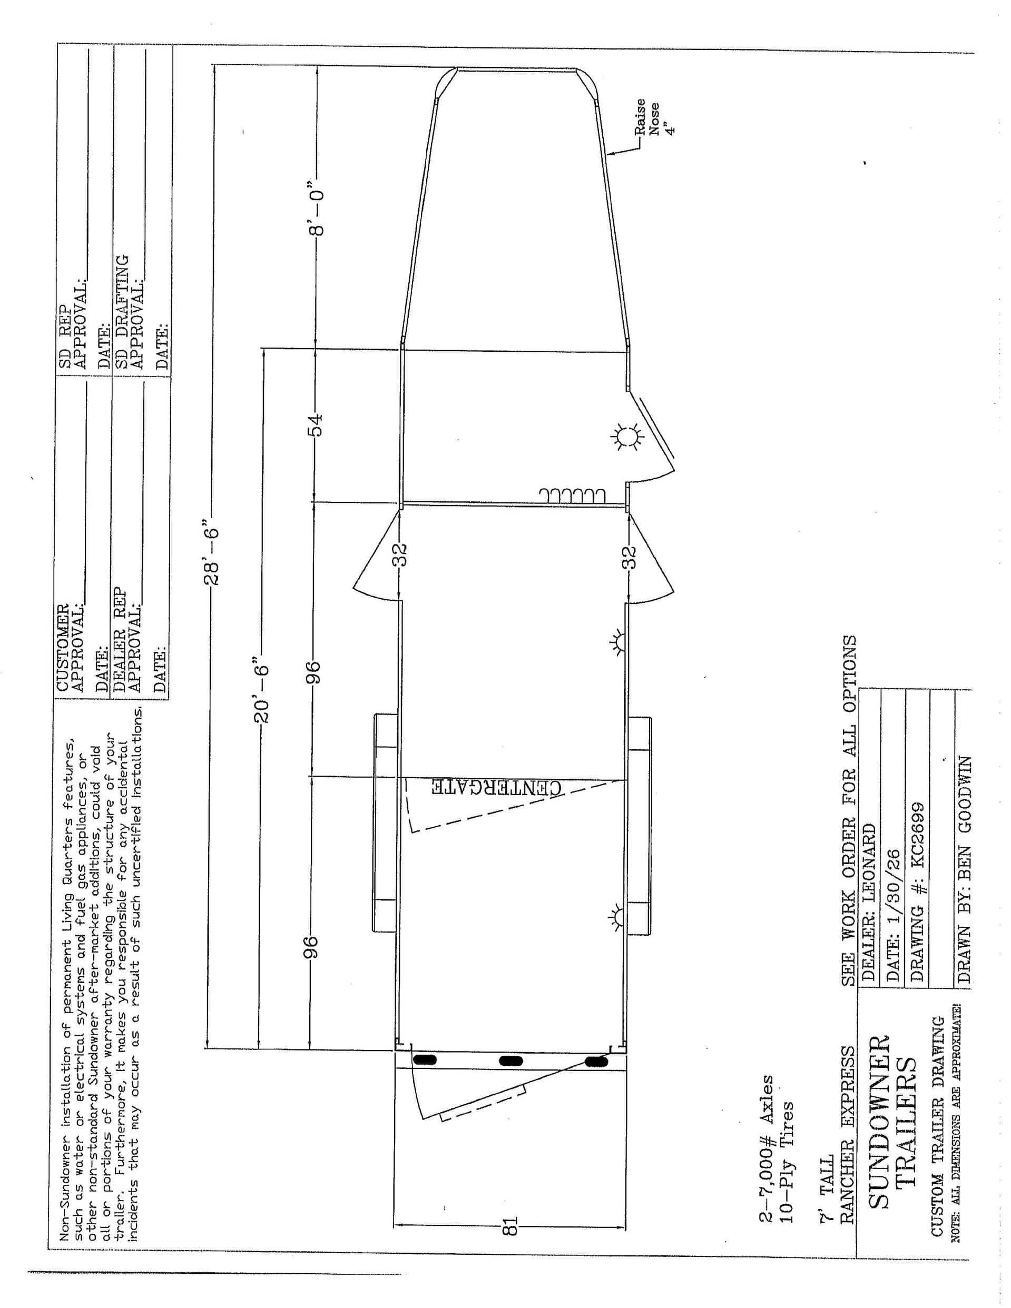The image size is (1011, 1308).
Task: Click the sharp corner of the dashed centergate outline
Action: pos(411,833)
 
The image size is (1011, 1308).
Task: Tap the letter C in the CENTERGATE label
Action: pos(557,788)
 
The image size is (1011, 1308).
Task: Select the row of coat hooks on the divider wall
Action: pos(572,496)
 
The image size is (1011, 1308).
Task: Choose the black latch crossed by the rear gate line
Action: pos(596,1062)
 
